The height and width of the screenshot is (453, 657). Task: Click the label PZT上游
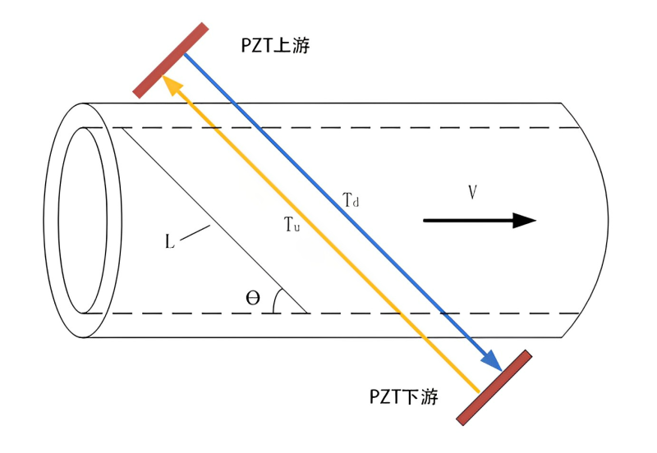(x=275, y=45)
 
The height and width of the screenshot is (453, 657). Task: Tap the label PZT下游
(x=403, y=396)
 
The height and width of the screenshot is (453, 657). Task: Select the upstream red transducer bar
(x=171, y=60)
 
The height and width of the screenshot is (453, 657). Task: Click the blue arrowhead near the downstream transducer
(x=493, y=362)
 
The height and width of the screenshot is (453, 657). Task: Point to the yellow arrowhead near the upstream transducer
(x=171, y=84)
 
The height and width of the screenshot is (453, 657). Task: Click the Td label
(x=351, y=200)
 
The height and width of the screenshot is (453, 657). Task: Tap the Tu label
(x=292, y=224)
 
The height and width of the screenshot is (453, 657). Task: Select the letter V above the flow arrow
(x=473, y=192)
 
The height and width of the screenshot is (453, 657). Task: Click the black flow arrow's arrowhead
(x=525, y=220)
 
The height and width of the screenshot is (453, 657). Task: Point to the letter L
(x=169, y=241)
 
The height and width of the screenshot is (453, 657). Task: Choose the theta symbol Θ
(x=253, y=298)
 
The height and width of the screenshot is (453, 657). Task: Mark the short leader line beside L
(x=195, y=233)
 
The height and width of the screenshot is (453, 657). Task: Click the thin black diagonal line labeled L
(x=215, y=220)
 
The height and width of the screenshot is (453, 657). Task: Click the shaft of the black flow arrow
(x=468, y=220)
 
